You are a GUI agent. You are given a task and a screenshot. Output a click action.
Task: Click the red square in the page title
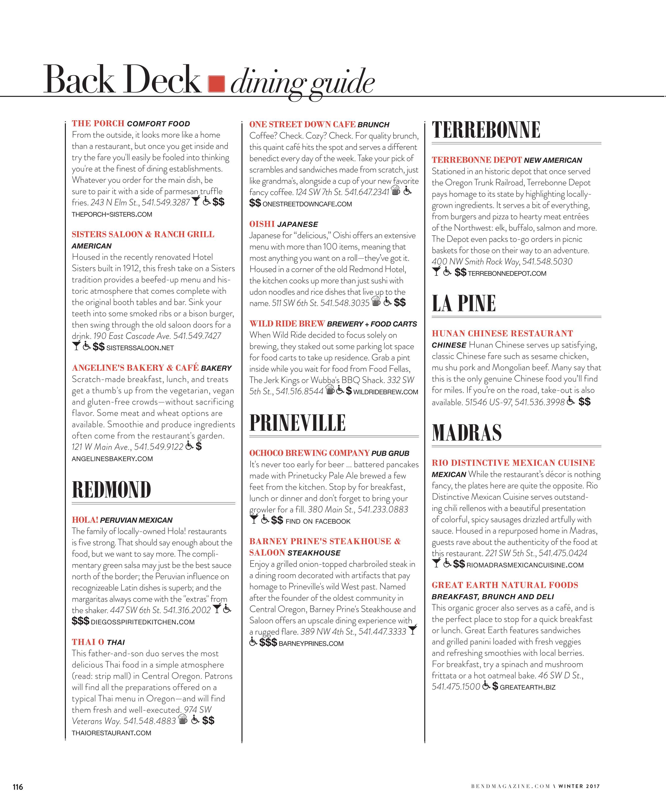216,84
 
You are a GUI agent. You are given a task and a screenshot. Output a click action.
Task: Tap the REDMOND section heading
111,490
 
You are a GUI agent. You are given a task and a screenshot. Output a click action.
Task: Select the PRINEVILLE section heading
297,423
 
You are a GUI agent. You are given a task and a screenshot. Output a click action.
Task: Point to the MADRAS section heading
467,433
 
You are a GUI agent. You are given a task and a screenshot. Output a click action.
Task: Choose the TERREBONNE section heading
486,130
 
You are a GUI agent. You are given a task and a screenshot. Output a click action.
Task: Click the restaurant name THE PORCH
98,123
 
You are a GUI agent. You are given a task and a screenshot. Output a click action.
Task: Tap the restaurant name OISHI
262,224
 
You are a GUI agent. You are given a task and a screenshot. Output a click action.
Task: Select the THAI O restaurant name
88,642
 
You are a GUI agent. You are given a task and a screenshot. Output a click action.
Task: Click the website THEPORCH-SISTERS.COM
112,214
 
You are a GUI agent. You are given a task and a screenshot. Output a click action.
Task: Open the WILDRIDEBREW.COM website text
386,392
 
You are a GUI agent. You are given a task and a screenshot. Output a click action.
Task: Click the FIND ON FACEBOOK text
318,522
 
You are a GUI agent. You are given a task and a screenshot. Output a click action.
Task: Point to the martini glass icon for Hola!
217,609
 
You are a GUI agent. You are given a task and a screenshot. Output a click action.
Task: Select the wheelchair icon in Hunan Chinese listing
571,401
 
